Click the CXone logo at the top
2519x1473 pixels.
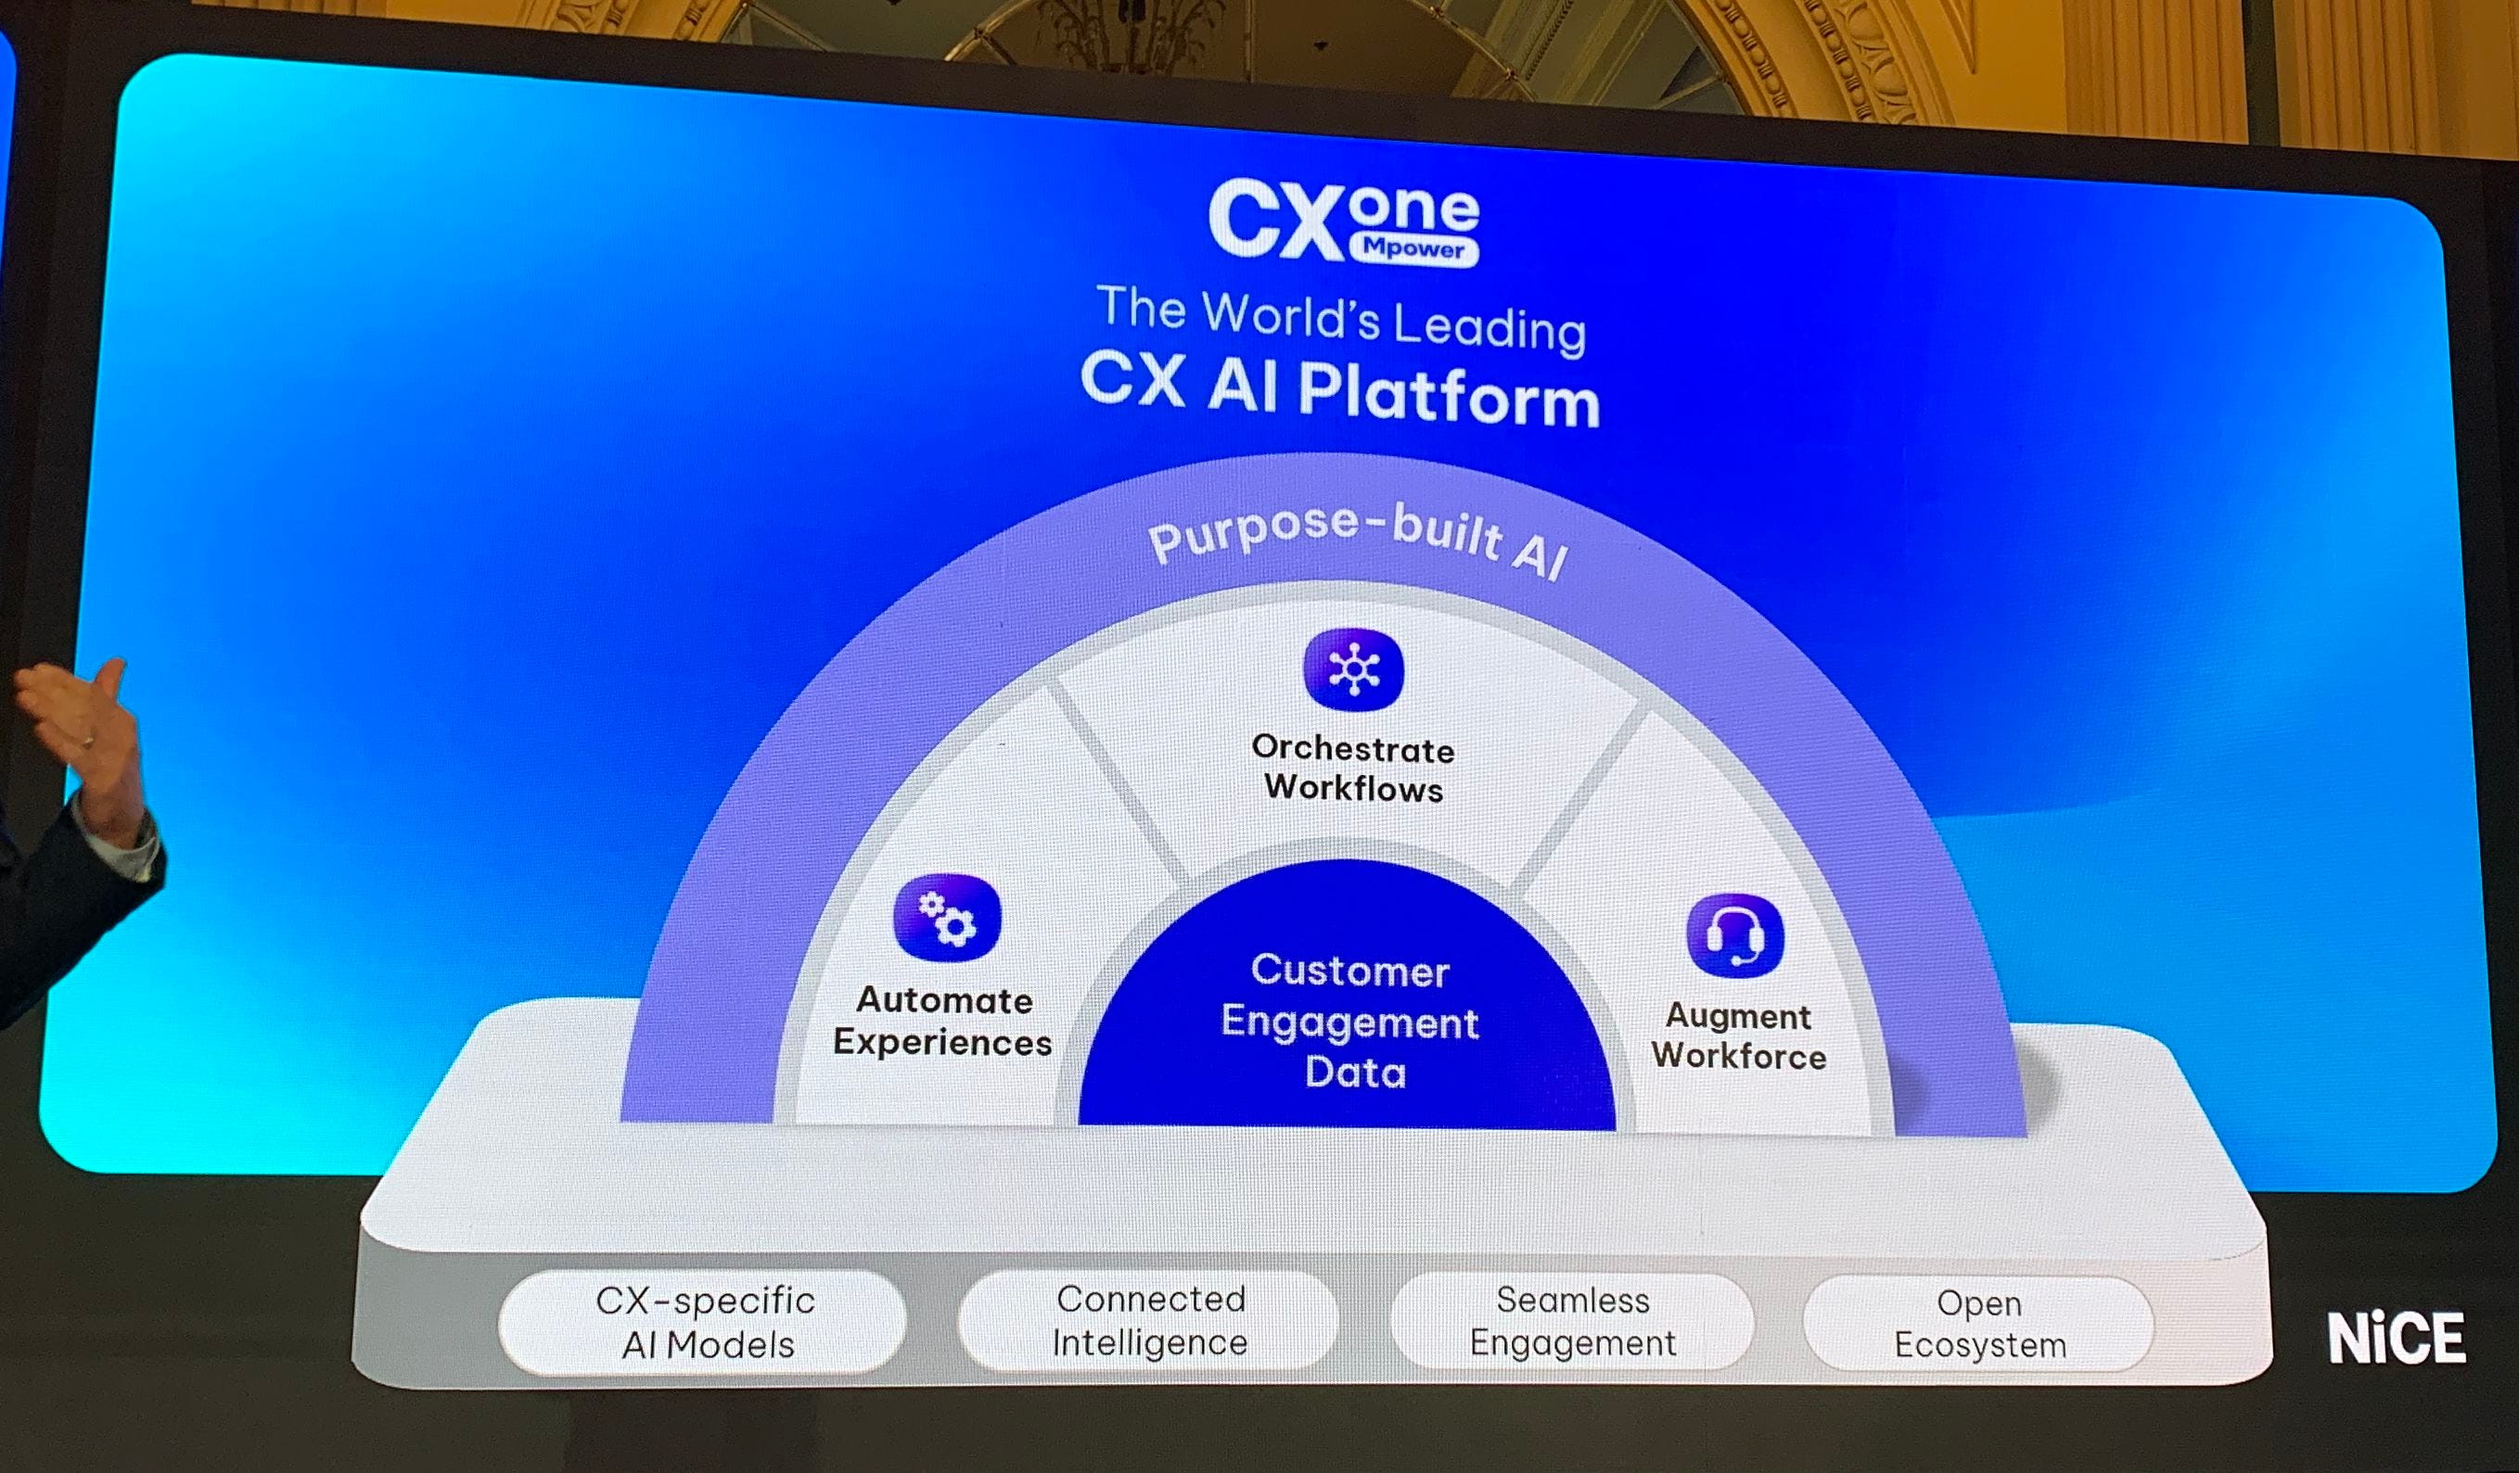pos(1341,221)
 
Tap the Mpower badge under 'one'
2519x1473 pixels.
pos(1413,248)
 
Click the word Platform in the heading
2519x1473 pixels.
pos(1449,396)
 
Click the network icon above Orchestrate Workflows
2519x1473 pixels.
pos(1353,670)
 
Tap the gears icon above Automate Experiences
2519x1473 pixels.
pos(947,919)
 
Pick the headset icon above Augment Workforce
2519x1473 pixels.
pos(1734,935)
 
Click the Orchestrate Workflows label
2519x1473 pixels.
pos(1353,768)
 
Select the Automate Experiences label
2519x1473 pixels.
pos(942,1021)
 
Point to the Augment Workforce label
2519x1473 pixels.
pos(1738,1035)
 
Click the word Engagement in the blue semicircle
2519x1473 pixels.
pos(1349,1022)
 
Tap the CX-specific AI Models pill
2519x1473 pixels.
pos(706,1322)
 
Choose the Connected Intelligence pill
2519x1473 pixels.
pos(1149,1320)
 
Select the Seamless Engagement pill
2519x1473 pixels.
pos(1572,1321)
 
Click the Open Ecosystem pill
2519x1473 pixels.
pos(1979,1324)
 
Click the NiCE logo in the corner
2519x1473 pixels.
pos(2396,1338)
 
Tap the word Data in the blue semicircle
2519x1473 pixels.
pos(1354,1073)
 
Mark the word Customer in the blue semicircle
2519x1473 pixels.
pos(1349,971)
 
